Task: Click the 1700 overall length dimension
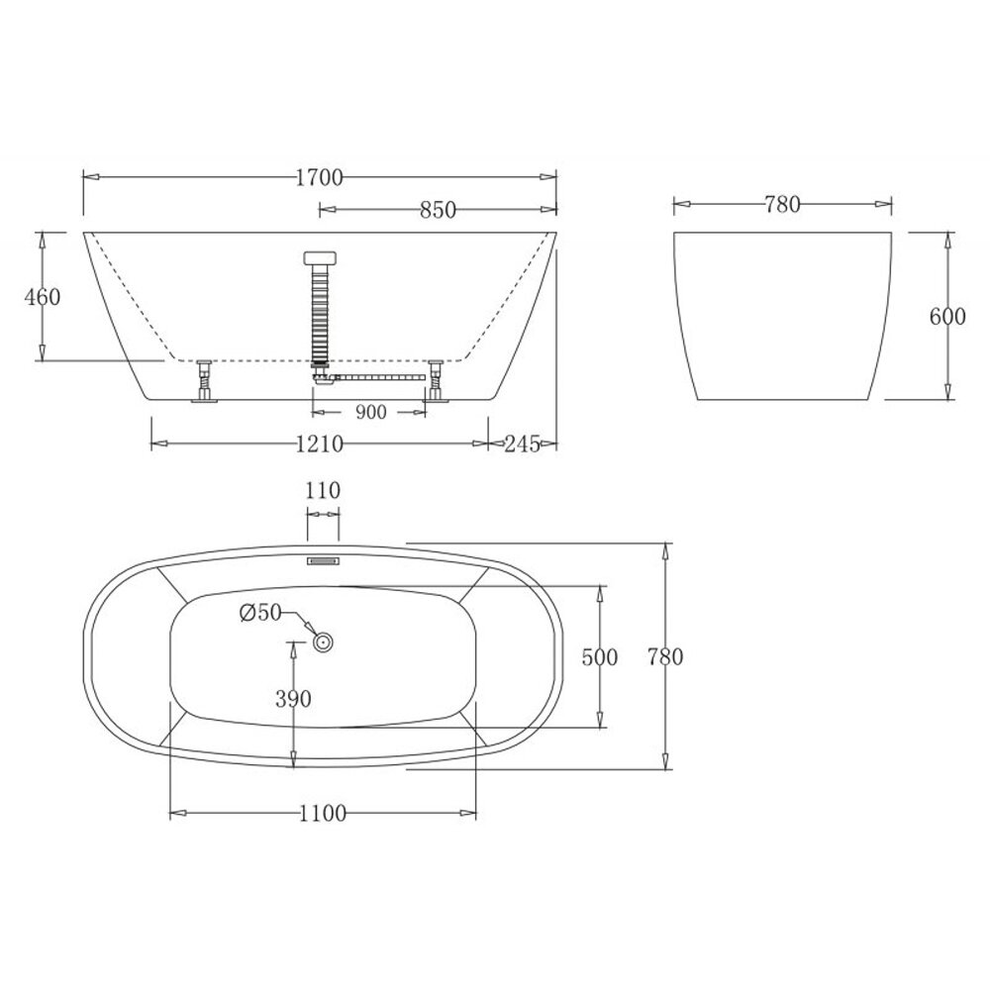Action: [x=320, y=178]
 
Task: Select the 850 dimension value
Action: [x=438, y=210]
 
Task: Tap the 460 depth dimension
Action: [x=43, y=296]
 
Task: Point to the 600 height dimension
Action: [x=947, y=316]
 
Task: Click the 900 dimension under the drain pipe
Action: [x=370, y=412]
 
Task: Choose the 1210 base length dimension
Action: [x=320, y=445]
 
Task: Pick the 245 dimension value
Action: [x=522, y=445]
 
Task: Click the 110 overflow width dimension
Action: [x=323, y=490]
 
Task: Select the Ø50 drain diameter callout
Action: [x=260, y=612]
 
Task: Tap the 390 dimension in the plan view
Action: [x=293, y=698]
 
